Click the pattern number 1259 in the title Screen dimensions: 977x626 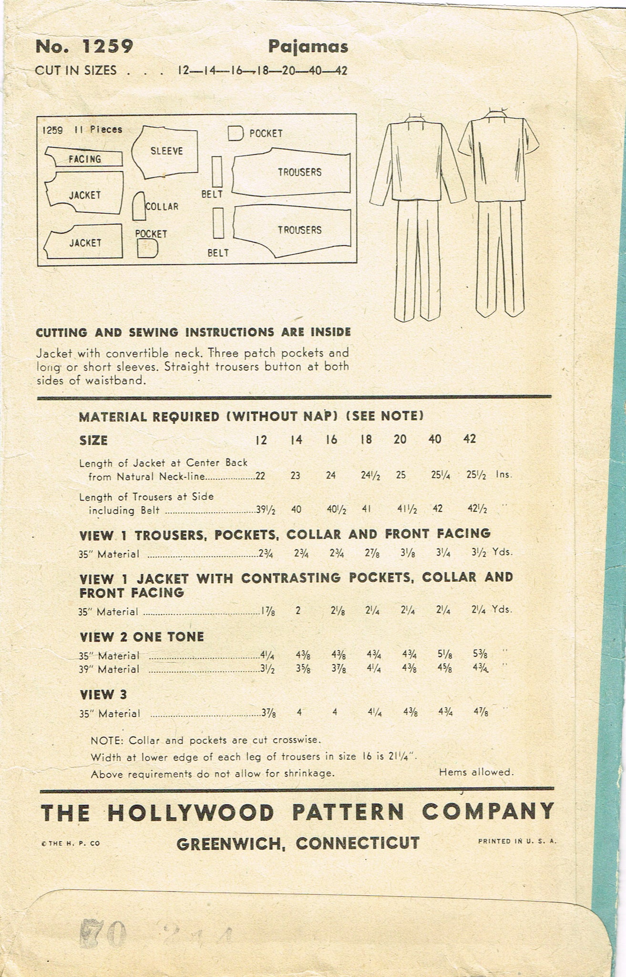(107, 47)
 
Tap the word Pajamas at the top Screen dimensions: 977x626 (308, 47)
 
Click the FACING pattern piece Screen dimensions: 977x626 (84, 158)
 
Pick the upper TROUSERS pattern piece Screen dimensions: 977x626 (292, 171)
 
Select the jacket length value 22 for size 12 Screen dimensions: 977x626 (260, 476)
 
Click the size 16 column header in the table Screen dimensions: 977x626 (331, 439)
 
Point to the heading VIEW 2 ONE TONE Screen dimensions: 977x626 (142, 637)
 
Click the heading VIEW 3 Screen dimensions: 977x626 (103, 694)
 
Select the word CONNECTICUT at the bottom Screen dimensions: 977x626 (358, 843)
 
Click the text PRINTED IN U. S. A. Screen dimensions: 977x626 (517, 842)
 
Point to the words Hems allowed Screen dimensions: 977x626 (476, 772)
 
